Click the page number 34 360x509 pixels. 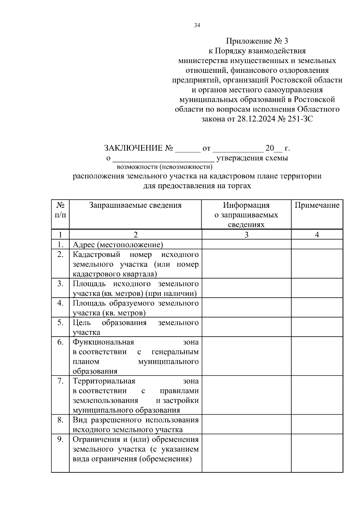tap(197, 25)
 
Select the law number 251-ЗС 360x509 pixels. tap(300, 119)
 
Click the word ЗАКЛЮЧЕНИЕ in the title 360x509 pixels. tap(133, 148)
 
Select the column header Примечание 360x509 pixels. tap(317, 205)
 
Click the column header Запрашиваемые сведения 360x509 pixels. tap(135, 205)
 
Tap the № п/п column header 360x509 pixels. tap(60, 210)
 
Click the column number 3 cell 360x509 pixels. tap(246, 235)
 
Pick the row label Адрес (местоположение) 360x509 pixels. tap(118, 245)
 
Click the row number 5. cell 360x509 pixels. tap(60, 323)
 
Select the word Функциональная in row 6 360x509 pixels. tap(103, 342)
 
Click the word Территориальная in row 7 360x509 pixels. tap(104, 381)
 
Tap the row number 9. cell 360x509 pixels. tap(60, 439)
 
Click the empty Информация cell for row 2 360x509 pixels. tap(246, 264)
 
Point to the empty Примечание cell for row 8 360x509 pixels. tap(317, 424)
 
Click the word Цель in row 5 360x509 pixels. tap(82, 323)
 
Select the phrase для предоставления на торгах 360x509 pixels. tap(197, 186)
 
